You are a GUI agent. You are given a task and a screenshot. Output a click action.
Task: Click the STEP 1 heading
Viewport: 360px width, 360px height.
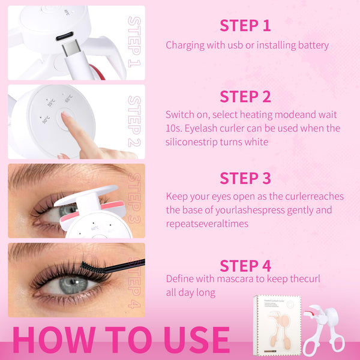tap(245, 25)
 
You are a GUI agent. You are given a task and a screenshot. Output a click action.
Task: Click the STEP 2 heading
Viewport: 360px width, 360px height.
tap(245, 97)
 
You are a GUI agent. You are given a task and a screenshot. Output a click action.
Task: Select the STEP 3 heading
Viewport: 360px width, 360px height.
tap(245, 178)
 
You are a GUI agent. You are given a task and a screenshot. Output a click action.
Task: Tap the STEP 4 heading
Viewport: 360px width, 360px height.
tap(245, 265)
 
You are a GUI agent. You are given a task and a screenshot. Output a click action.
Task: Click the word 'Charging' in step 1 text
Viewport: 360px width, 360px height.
tap(185, 45)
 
